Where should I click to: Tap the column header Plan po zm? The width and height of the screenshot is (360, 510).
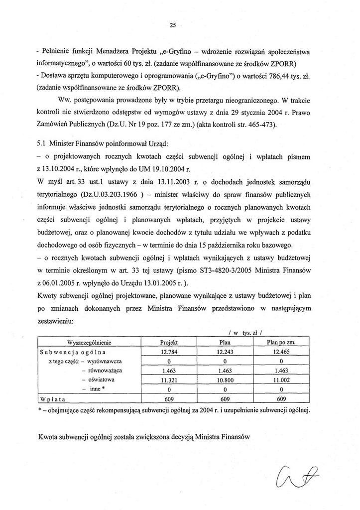pos(281,343)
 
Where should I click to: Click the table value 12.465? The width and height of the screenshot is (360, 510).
pos(281,352)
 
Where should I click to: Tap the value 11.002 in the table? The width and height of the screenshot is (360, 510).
pos(281,380)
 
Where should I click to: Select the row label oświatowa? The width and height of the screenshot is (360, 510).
pos(102,380)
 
